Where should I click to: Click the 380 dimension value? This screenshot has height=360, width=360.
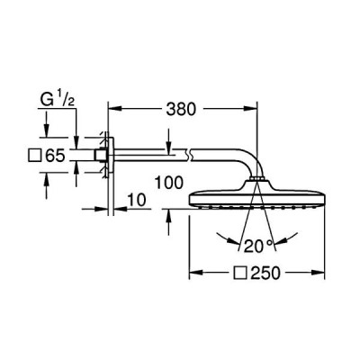point(181,109)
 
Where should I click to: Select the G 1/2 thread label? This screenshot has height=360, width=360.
point(58,100)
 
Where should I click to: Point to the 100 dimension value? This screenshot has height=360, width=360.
point(168,183)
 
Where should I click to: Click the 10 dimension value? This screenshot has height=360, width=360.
point(137,200)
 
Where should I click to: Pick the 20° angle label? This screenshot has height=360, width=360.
point(259,246)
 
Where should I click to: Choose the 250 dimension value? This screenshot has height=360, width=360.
point(265,273)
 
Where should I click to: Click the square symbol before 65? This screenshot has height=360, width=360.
point(34,156)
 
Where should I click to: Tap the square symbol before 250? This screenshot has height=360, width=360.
point(241,273)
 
